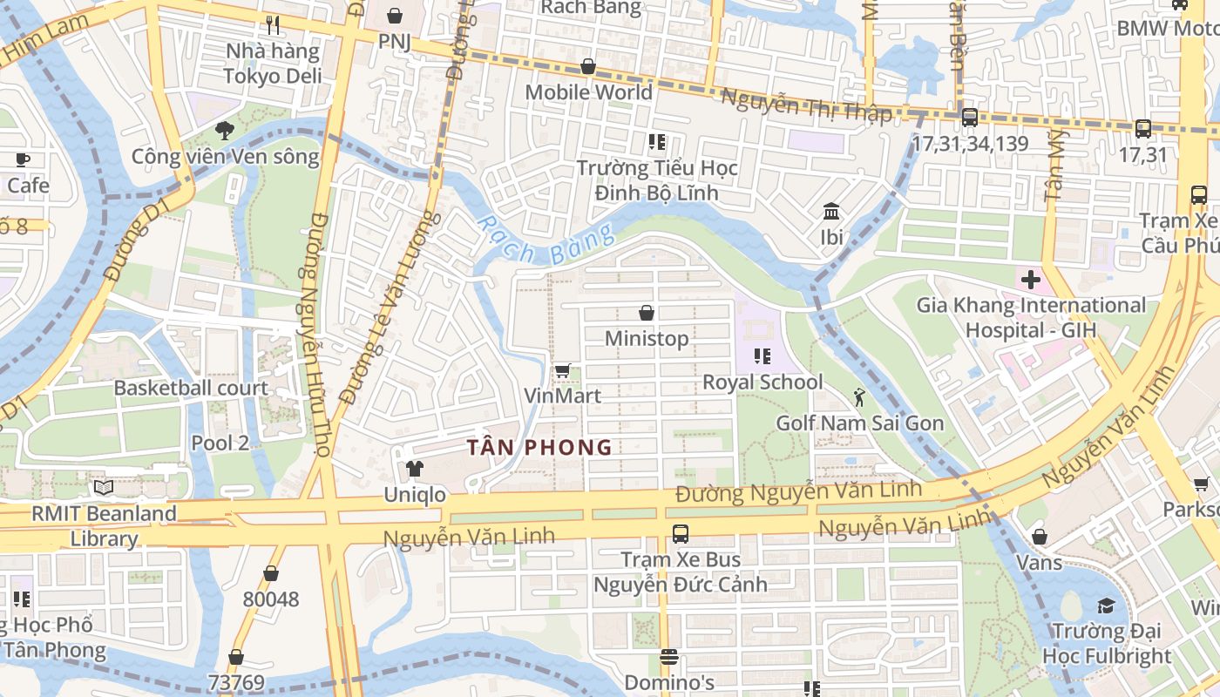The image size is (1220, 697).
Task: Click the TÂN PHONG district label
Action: (x=539, y=448)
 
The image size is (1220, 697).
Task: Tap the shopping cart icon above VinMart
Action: (x=563, y=371)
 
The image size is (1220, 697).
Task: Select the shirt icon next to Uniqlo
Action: (x=415, y=470)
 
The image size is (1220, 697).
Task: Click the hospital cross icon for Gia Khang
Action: (x=1031, y=281)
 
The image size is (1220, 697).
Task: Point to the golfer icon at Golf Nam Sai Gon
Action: (x=859, y=398)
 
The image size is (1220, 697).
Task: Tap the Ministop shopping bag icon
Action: (x=647, y=313)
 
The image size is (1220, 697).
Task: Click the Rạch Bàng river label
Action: (x=546, y=240)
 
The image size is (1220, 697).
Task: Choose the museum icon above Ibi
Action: (x=830, y=212)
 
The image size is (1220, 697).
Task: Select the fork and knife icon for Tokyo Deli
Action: (x=273, y=25)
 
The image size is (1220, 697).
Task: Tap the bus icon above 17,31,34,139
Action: (x=969, y=118)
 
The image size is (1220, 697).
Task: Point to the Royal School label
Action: (x=762, y=382)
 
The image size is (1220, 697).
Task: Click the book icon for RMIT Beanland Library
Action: (x=104, y=488)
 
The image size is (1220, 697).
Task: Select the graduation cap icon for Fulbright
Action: (x=1106, y=606)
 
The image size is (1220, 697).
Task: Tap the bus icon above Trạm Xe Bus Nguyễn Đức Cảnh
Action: (x=681, y=533)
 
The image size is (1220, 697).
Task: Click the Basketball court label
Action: (x=191, y=388)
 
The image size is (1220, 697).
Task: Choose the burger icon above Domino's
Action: (x=669, y=657)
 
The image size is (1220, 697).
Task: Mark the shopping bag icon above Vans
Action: (x=1039, y=537)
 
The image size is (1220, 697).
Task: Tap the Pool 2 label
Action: (x=220, y=443)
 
